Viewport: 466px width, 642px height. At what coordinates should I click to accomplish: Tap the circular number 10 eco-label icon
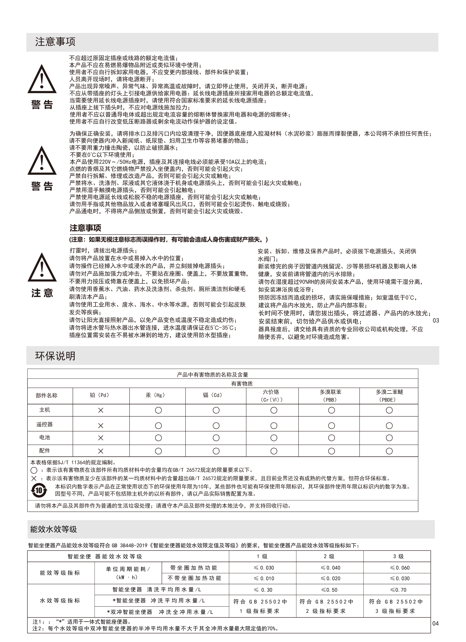click(x=39, y=490)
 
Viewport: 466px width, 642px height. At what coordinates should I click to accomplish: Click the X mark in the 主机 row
click(x=101, y=410)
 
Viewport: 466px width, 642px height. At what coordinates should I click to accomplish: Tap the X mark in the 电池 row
click(x=101, y=438)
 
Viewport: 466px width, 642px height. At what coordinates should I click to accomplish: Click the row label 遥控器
click(x=44, y=424)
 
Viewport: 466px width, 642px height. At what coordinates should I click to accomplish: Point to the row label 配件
click(x=44, y=450)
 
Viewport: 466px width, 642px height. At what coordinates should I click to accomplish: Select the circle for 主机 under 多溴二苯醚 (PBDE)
click(x=389, y=410)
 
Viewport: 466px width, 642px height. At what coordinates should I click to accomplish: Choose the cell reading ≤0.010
click(x=264, y=578)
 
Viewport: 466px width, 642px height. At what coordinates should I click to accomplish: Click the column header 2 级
click(x=329, y=557)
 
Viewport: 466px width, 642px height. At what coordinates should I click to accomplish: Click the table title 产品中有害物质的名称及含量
click(x=212, y=375)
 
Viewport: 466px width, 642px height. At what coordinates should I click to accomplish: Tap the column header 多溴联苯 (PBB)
click(x=330, y=396)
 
